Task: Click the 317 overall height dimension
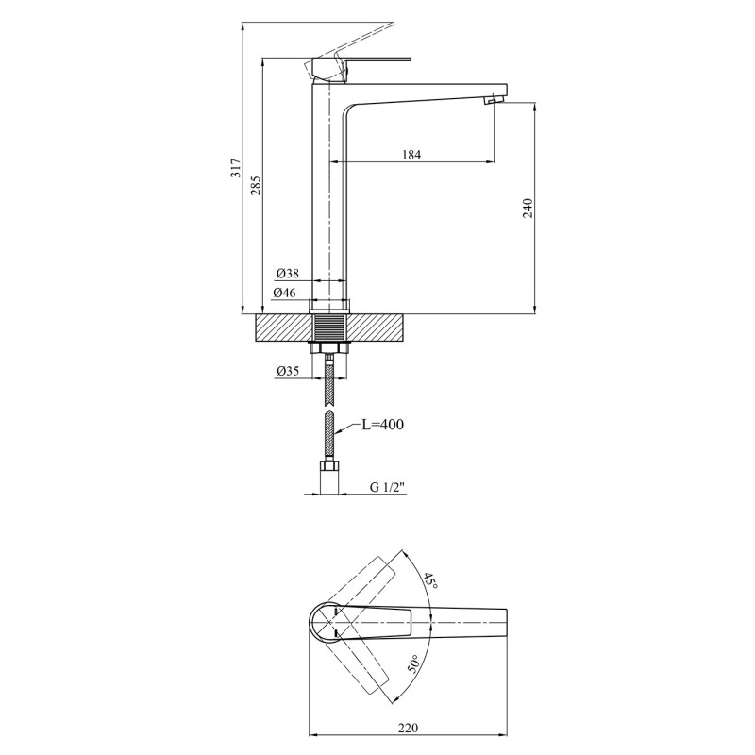tap(236, 168)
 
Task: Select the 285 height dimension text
tap(256, 185)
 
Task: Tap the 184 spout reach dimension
tap(411, 155)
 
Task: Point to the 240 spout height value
tap(528, 208)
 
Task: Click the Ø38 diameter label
tap(288, 274)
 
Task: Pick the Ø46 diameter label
tap(285, 293)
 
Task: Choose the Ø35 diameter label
tap(288, 370)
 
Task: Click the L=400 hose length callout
tap(382, 424)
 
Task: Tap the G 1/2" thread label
tap(388, 487)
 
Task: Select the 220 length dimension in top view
tap(409, 728)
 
